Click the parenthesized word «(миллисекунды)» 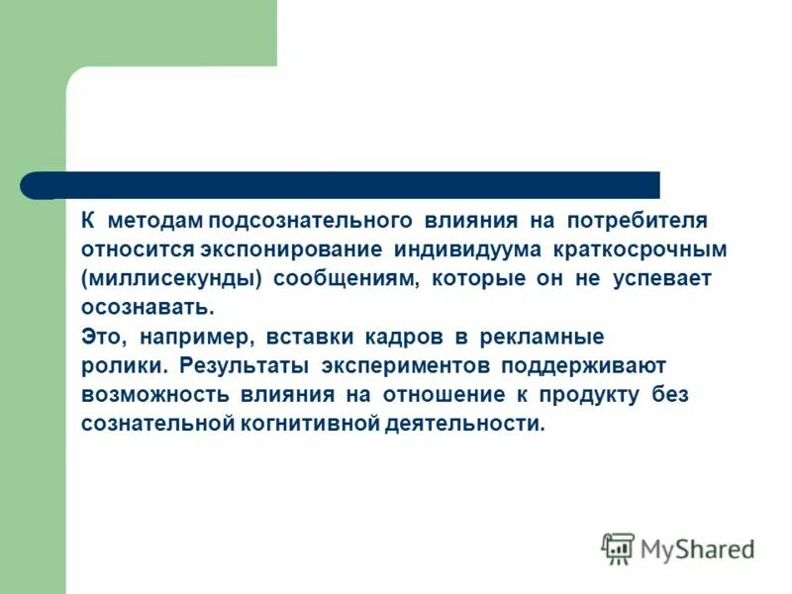tap(172, 278)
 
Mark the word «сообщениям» tap(345, 278)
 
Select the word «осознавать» tap(148, 308)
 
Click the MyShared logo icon tap(618, 547)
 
